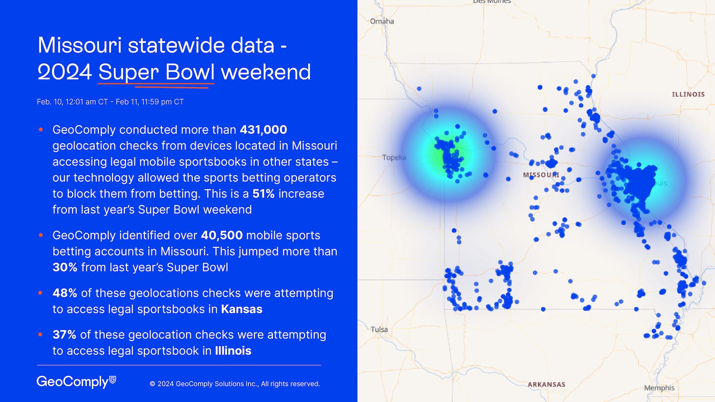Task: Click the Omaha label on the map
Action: coord(382,21)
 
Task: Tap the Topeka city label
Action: coord(394,158)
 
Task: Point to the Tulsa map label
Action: coord(379,329)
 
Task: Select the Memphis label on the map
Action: coord(659,388)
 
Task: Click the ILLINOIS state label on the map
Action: coord(688,94)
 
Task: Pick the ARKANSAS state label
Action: coord(546,384)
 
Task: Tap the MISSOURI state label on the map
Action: coord(541,175)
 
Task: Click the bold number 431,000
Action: coord(263,130)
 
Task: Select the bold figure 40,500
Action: coord(222,235)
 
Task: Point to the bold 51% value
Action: coord(263,194)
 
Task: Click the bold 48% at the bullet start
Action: coord(65,293)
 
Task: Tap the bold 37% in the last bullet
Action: coord(64,335)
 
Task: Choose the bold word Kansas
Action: coord(242,309)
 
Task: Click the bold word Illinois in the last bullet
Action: coord(233,351)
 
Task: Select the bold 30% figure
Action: coord(65,267)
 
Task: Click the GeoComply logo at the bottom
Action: coord(76,382)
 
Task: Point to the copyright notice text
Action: coord(235,384)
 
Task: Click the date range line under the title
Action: coord(110,102)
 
